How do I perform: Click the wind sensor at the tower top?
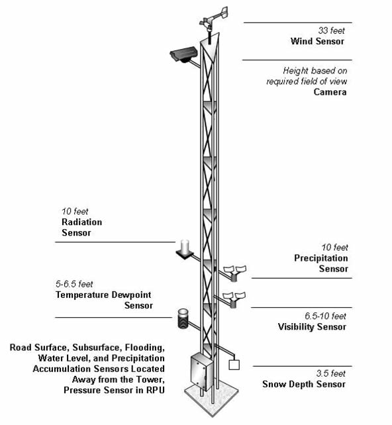coord(214,22)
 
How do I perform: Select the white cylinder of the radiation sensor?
coord(185,246)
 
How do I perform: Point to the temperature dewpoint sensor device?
coord(183,318)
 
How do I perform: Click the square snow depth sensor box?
coord(234,365)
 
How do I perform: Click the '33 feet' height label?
coord(331,30)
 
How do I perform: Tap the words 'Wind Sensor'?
coord(317,42)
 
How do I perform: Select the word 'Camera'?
coord(330,92)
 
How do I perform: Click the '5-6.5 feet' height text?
coord(74,284)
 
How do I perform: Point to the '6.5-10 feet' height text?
coord(325,316)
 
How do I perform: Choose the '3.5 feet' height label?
coord(330,373)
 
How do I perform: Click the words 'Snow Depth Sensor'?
coord(304,385)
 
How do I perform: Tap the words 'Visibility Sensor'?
coord(312,327)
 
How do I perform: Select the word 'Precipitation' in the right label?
coord(321,258)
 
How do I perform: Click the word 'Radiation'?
coord(82,222)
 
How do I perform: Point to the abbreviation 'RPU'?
coord(156,391)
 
